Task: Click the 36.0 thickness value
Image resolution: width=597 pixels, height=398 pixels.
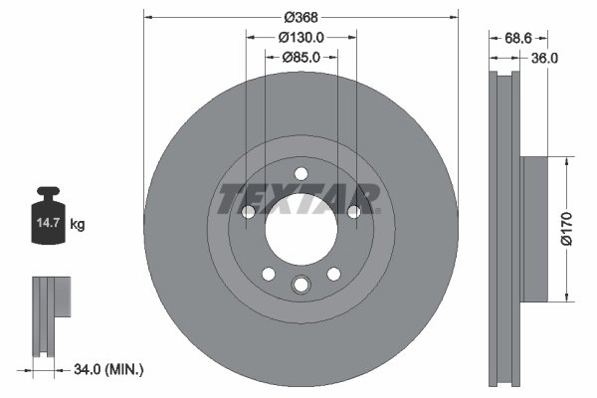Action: tap(544, 58)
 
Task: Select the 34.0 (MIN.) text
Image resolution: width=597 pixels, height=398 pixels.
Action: tap(109, 369)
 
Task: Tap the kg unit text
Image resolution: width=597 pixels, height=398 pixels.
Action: tap(77, 225)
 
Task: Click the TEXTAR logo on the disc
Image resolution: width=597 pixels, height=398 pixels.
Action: tap(299, 198)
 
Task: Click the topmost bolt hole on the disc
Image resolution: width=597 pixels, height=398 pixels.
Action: tap(300, 175)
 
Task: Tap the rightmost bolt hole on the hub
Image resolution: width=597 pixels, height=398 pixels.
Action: tap(353, 211)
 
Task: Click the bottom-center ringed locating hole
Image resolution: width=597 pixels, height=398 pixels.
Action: tap(300, 286)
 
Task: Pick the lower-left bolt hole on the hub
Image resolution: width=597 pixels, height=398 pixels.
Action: tap(268, 274)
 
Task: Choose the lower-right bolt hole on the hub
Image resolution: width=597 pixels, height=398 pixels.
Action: tap(333, 274)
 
